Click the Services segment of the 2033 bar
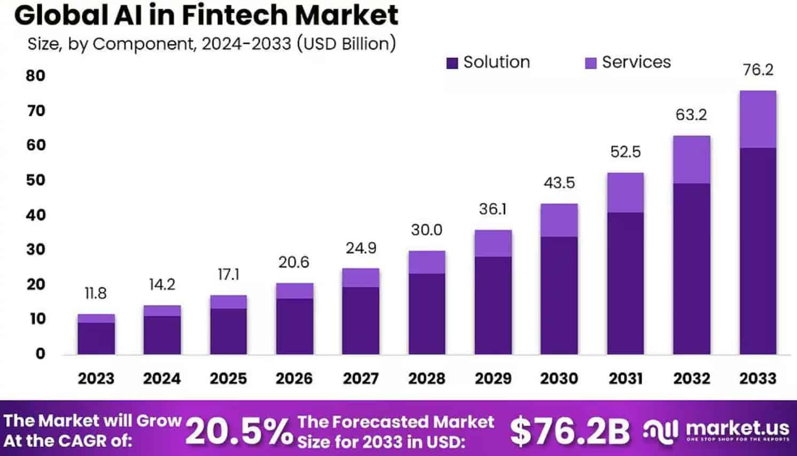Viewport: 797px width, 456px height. pyautogui.click(x=757, y=119)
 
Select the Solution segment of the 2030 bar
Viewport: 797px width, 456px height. pyautogui.click(x=559, y=295)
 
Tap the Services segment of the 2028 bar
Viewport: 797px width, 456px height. pyautogui.click(x=427, y=262)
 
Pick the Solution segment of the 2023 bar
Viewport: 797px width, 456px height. pyautogui.click(x=96, y=338)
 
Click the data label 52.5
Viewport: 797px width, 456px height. pyautogui.click(x=625, y=152)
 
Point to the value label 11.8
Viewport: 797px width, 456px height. pyautogui.click(x=96, y=293)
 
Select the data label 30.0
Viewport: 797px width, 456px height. pyautogui.click(x=426, y=230)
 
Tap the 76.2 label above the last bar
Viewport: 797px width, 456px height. pyautogui.click(x=757, y=70)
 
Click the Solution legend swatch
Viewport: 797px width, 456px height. pyautogui.click(x=452, y=63)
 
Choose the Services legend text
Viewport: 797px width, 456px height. pyautogui.click(x=636, y=62)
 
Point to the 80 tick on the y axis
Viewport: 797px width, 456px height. pyautogui.click(x=36, y=76)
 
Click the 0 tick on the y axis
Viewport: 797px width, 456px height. pyautogui.click(x=40, y=353)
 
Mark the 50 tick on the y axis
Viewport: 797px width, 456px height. pyautogui.click(x=36, y=180)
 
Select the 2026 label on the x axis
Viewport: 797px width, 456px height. pyautogui.click(x=294, y=379)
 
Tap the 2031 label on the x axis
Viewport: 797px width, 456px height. pyautogui.click(x=625, y=379)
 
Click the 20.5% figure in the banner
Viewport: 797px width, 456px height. pyautogui.click(x=239, y=431)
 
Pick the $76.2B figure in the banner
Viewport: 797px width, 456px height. pyautogui.click(x=569, y=431)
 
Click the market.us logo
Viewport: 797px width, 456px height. pyautogui.click(x=716, y=430)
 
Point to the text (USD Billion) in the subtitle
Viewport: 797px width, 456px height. pyautogui.click(x=346, y=44)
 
